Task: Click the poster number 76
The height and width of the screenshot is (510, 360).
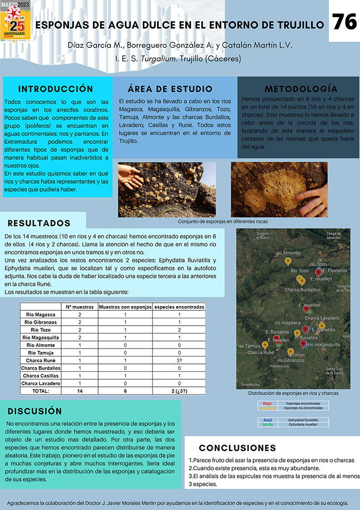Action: click(x=344, y=22)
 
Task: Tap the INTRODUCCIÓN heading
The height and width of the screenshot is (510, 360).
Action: click(x=56, y=89)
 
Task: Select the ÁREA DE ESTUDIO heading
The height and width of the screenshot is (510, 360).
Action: click(x=170, y=89)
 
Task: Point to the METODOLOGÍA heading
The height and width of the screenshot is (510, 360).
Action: click(x=301, y=88)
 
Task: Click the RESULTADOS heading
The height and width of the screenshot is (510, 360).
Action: click(x=39, y=223)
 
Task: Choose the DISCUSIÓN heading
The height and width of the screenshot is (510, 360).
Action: click(x=35, y=411)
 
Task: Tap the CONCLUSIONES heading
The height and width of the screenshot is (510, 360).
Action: click(x=237, y=448)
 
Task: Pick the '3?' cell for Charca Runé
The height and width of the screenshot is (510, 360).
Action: click(x=179, y=360)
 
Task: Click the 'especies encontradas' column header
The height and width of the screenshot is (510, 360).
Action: click(x=179, y=307)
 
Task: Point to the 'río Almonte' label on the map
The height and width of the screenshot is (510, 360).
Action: click(x=288, y=253)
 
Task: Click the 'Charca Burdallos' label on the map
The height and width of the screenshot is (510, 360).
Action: click(x=302, y=290)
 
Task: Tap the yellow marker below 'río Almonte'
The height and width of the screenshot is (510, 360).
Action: click(x=288, y=261)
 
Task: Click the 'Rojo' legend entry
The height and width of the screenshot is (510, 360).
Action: click(x=267, y=403)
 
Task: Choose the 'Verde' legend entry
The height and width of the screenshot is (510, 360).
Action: click(x=267, y=424)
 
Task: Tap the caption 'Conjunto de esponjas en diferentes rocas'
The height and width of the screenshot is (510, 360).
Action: click(x=223, y=222)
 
